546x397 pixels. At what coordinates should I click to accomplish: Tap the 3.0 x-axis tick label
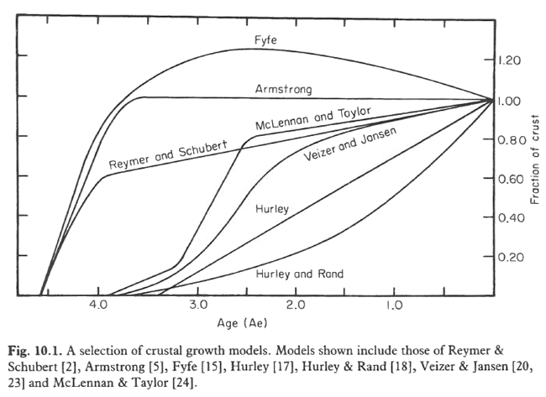coord(197,308)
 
